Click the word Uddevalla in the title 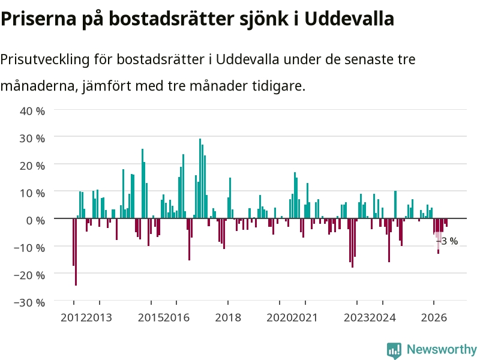[x=349, y=19]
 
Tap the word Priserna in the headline [x=38, y=19]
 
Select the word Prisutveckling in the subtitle [x=44, y=59]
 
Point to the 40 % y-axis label [x=32, y=111]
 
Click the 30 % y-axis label [x=32, y=139]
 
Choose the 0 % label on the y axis [x=36, y=220]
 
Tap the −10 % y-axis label [x=29, y=248]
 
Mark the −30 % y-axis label [x=29, y=302]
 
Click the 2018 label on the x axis [x=228, y=317]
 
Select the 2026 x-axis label [x=434, y=317]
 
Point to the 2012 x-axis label [x=73, y=317]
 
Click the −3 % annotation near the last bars [x=447, y=241]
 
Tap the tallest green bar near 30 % [x=200, y=178]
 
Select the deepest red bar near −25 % [x=76, y=252]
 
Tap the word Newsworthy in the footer [x=442, y=349]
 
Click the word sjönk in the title [x=264, y=19]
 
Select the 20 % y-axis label [x=32, y=166]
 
